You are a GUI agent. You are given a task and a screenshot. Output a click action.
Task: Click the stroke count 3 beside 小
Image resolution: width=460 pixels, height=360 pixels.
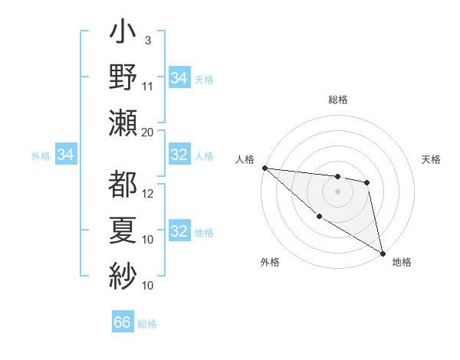[x=148, y=39]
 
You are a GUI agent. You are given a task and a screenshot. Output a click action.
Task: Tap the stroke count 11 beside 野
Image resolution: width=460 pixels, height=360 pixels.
[x=148, y=86]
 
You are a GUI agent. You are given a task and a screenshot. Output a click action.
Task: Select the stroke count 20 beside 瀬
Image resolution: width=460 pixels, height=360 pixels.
[x=148, y=132]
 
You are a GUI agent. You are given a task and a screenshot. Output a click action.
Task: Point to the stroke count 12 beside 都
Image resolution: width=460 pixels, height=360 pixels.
[x=148, y=194]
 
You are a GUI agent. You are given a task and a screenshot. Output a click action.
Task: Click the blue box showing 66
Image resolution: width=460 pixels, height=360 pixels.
[x=123, y=322]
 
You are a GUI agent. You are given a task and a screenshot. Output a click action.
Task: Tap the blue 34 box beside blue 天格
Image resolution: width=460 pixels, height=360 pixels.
[x=179, y=77]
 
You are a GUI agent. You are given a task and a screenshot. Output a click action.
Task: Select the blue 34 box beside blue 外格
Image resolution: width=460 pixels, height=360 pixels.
[x=66, y=155]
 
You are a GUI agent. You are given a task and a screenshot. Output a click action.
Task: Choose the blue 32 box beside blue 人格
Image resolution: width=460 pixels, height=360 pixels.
[x=179, y=155]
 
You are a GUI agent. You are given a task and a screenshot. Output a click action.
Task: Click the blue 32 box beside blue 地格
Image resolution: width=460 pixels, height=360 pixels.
[x=179, y=231]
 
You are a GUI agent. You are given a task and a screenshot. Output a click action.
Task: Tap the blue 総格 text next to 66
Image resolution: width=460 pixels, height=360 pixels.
[x=147, y=324]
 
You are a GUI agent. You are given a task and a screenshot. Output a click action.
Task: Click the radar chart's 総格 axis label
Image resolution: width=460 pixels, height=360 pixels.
[x=338, y=100]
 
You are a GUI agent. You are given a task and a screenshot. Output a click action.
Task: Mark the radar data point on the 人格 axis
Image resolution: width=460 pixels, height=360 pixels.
[x=264, y=168]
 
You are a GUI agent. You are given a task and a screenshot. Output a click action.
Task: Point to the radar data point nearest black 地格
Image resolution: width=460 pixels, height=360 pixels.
[x=383, y=253]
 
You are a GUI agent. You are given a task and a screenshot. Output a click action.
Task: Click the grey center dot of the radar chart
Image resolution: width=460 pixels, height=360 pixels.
[x=337, y=191]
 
